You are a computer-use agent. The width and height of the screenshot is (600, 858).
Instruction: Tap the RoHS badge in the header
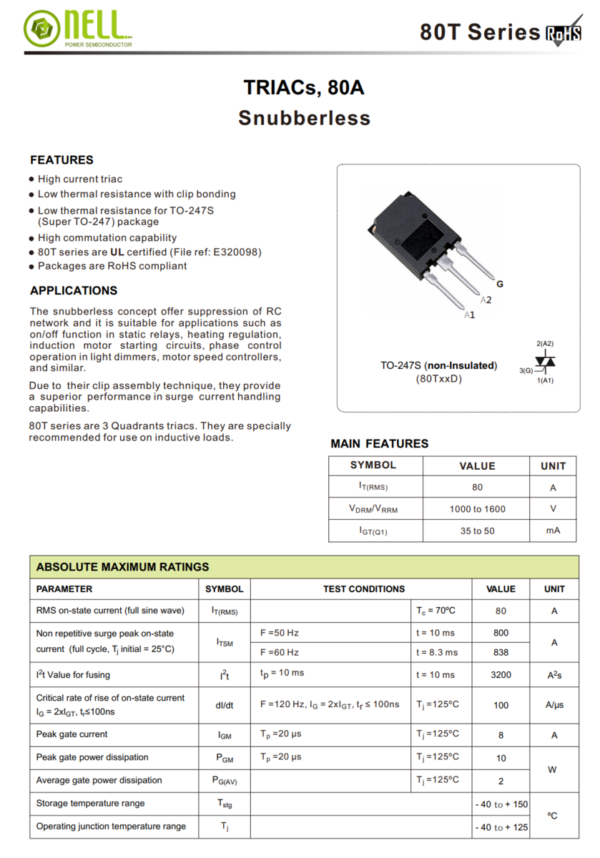tap(564, 34)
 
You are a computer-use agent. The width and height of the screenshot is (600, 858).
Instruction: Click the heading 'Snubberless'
tap(304, 118)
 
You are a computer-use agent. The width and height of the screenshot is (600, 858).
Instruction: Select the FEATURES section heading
tap(62, 160)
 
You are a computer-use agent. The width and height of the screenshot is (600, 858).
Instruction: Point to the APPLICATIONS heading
tap(74, 291)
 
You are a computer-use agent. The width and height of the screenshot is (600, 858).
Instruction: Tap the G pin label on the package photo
tap(500, 284)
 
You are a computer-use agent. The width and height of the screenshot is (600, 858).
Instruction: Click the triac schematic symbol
tap(547, 363)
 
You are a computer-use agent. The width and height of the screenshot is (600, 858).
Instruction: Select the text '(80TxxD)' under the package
tap(438, 378)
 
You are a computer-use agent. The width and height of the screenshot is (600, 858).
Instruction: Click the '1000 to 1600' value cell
tap(477, 509)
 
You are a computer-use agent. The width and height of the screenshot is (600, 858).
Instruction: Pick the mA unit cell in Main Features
tap(553, 531)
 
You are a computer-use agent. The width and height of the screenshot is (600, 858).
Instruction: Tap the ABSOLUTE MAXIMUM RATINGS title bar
tap(122, 567)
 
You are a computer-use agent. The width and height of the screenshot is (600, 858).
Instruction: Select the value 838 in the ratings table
tap(501, 652)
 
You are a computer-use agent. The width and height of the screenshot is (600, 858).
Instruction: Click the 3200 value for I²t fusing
tap(501, 675)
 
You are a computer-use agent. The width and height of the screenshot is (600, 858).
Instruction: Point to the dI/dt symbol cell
tap(224, 705)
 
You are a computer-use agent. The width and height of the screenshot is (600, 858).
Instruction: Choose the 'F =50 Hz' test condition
tap(280, 633)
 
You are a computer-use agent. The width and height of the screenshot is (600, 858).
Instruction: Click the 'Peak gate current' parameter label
tap(72, 734)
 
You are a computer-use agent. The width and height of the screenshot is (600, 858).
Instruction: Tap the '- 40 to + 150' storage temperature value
tap(501, 804)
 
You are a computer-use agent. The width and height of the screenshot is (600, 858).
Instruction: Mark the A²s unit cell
tap(554, 675)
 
